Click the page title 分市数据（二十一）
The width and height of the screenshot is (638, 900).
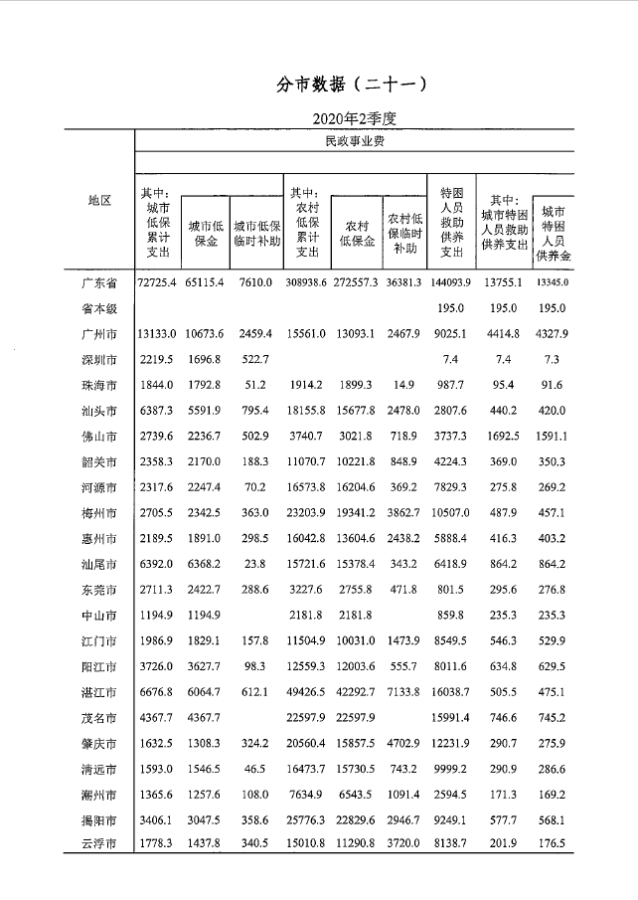coord(353,85)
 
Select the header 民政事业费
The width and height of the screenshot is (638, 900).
coord(355,141)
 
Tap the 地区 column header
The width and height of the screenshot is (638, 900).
coord(98,200)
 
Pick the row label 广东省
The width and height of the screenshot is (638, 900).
coord(98,283)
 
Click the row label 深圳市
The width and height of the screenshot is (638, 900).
coord(98,359)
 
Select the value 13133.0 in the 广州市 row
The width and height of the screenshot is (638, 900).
coord(157,334)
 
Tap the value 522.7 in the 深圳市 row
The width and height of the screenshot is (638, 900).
coord(254,359)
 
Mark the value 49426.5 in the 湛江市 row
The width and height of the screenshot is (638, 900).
coord(307,691)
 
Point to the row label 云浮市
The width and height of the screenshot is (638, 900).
coord(98,844)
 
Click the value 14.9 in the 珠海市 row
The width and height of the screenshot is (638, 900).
coord(404,385)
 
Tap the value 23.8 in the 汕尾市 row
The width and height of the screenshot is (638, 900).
coord(254,564)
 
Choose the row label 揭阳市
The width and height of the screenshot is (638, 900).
coord(98,819)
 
